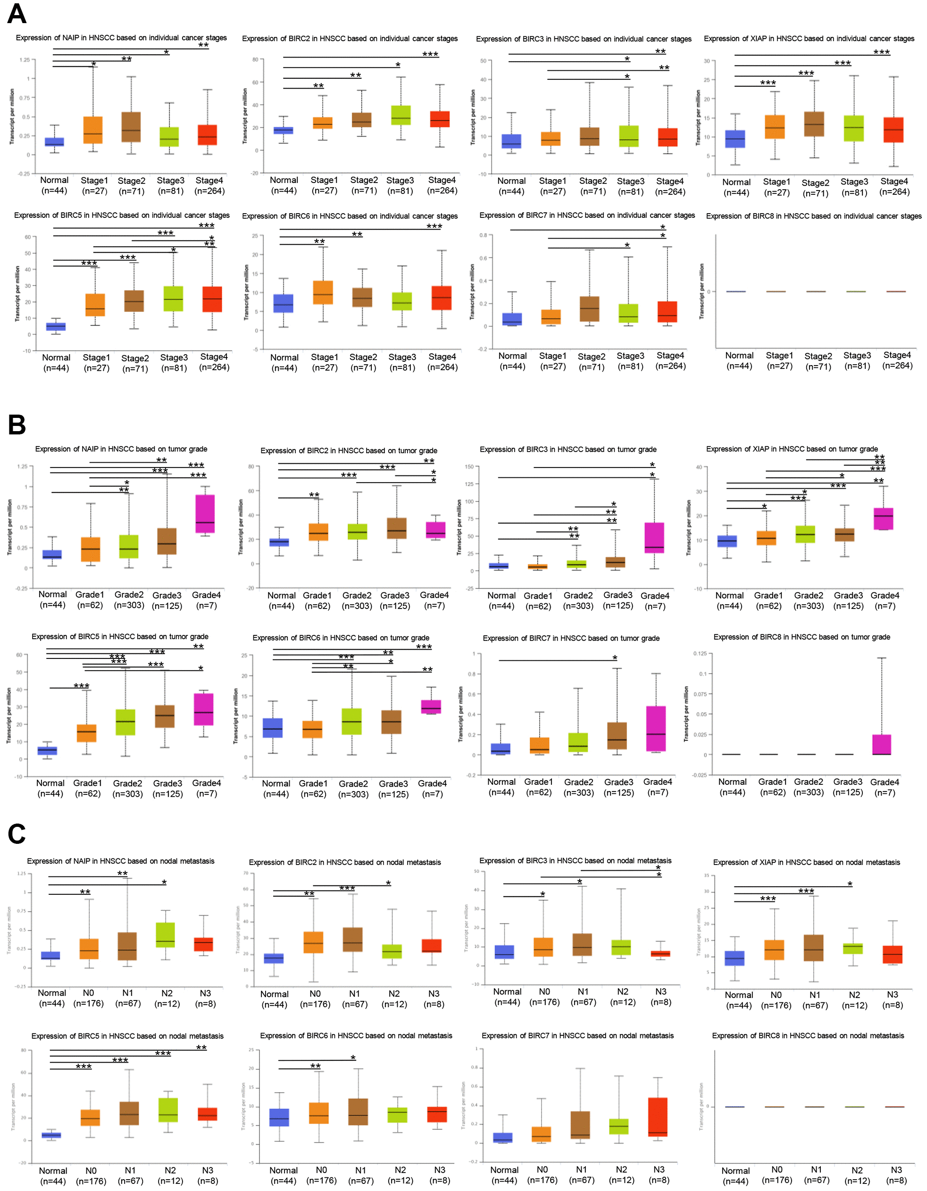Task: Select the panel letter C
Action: point(17,834)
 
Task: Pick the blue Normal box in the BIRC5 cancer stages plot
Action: point(56,326)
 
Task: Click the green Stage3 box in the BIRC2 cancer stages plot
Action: point(401,116)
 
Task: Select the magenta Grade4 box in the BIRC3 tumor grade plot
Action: point(654,538)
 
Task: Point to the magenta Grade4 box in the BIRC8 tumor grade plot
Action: point(881,744)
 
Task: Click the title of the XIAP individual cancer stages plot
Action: point(809,39)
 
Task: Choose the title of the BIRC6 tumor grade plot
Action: point(341,638)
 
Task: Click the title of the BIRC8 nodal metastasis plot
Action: point(808,1036)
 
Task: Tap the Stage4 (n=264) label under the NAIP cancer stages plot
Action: point(209,185)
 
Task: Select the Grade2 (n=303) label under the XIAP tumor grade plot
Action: point(808,600)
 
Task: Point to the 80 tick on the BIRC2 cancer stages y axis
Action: point(255,59)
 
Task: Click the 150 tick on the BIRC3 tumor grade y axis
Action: point(469,467)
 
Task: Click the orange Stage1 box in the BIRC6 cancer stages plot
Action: point(323,292)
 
